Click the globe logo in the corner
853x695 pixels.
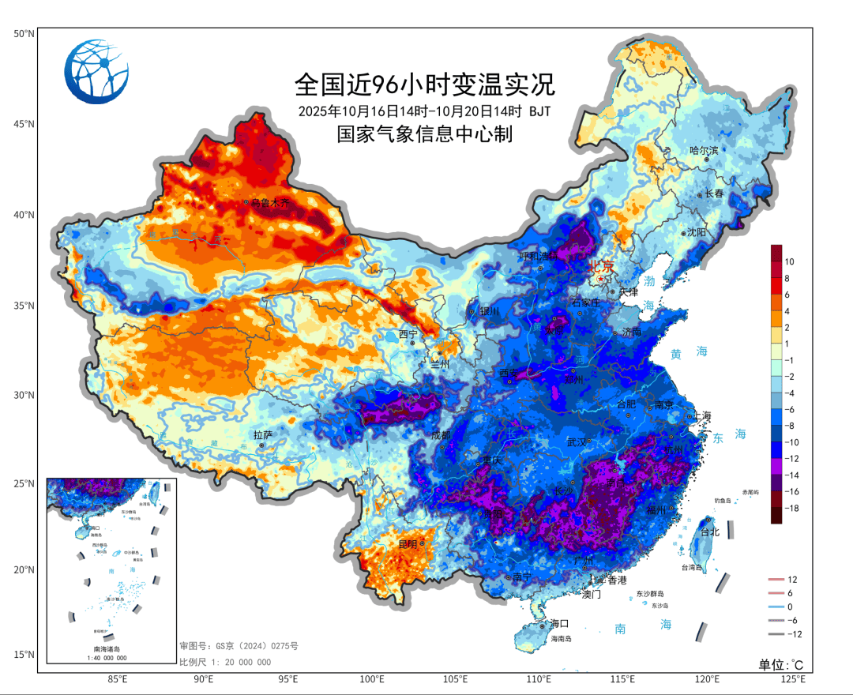pyautogui.click(x=96, y=71)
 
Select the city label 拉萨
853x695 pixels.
pyautogui.click(x=263, y=435)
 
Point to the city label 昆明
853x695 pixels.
pyautogui.click(x=408, y=544)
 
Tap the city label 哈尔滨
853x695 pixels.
pyautogui.click(x=704, y=150)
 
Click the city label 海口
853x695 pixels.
pyautogui.click(x=559, y=623)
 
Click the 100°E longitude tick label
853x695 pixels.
pyautogui.click(x=372, y=679)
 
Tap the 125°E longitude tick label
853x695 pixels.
pyautogui.click(x=792, y=679)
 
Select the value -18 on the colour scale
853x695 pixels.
pyautogui.click(x=791, y=509)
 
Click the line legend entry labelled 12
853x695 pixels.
pyautogui.click(x=792, y=580)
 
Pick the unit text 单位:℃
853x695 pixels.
pyautogui.click(x=781, y=664)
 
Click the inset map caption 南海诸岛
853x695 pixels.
pyautogui.click(x=110, y=648)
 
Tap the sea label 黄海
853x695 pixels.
pyautogui.click(x=686, y=352)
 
